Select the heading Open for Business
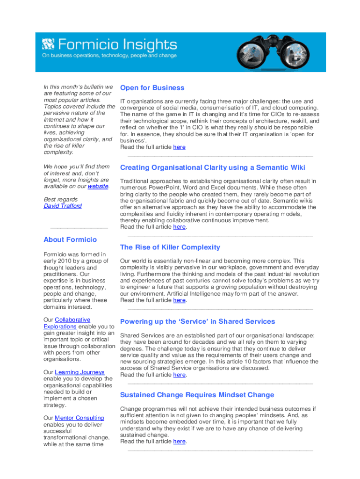tap(152, 88)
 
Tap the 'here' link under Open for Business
tap(179, 147)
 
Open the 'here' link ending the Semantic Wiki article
tap(179, 227)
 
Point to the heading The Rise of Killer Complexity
tap(170, 247)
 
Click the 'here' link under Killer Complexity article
tap(179, 300)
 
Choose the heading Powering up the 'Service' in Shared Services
tap(197, 321)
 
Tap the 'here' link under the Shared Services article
tap(179, 375)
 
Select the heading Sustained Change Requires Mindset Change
tap(197, 395)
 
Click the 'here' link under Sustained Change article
tap(179, 441)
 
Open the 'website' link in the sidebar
tap(98, 186)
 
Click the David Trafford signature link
tap(62, 206)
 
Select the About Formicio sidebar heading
tap(70, 239)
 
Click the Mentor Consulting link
tap(79, 418)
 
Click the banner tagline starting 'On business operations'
tap(109, 56)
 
